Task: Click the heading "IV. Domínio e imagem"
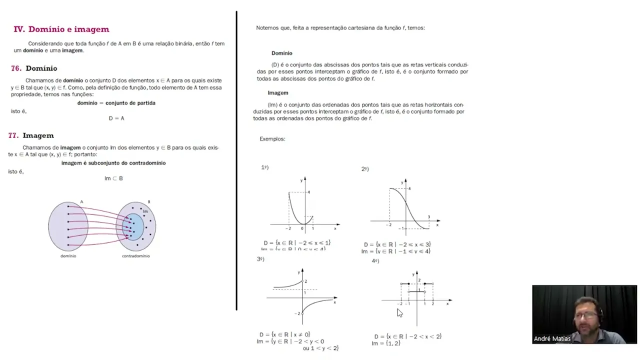(61, 29)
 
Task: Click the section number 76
(16, 68)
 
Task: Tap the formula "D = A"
(116, 118)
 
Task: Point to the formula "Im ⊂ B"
(113, 178)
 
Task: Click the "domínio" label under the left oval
(68, 256)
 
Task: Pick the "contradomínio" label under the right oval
(135, 256)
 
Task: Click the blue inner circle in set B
(133, 226)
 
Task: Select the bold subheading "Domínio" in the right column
(282, 53)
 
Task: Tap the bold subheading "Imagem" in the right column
(278, 93)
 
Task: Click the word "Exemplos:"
(272, 139)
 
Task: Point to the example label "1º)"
(265, 167)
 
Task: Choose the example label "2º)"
(365, 169)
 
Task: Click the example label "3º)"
(260, 259)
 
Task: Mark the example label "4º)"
(375, 261)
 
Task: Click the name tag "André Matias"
(552, 338)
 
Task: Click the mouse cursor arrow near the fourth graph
(399, 312)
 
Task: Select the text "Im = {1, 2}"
(386, 343)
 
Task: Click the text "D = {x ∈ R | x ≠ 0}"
(284, 334)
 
